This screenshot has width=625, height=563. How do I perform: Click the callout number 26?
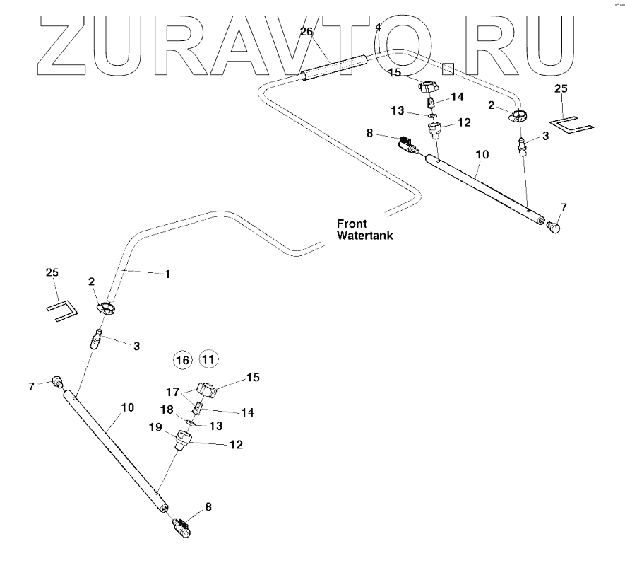306,31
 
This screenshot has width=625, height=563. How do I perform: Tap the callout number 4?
378,27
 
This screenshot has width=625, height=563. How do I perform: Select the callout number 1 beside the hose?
167,274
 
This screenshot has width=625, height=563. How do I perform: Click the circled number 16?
183,360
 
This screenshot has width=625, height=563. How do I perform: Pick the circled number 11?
208,359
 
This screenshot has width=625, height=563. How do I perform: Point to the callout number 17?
172,391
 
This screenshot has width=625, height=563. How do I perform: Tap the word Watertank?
364,236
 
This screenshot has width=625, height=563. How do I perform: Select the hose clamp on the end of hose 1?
107,309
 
